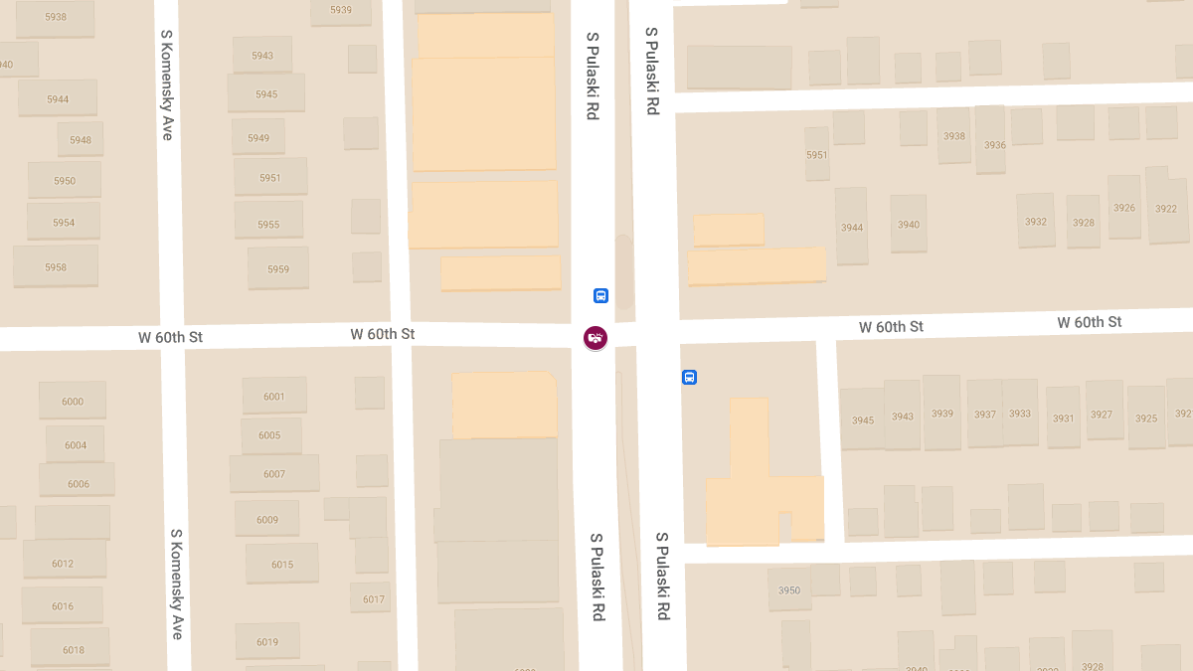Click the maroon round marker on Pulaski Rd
tap(596, 338)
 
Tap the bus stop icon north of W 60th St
tap(600, 295)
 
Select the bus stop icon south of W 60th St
tap(689, 378)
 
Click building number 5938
tap(56, 17)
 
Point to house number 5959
tap(278, 269)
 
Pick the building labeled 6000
tap(73, 402)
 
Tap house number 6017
tap(374, 599)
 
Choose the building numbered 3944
tap(852, 228)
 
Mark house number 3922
tap(1166, 209)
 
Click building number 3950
tap(789, 590)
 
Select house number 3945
tap(863, 420)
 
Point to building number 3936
tap(995, 145)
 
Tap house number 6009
tap(267, 520)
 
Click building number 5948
tap(81, 140)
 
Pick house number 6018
tap(74, 650)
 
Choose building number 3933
tap(1020, 414)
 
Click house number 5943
tap(262, 56)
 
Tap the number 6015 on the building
tap(282, 565)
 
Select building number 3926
tap(1124, 208)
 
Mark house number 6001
tap(274, 397)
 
